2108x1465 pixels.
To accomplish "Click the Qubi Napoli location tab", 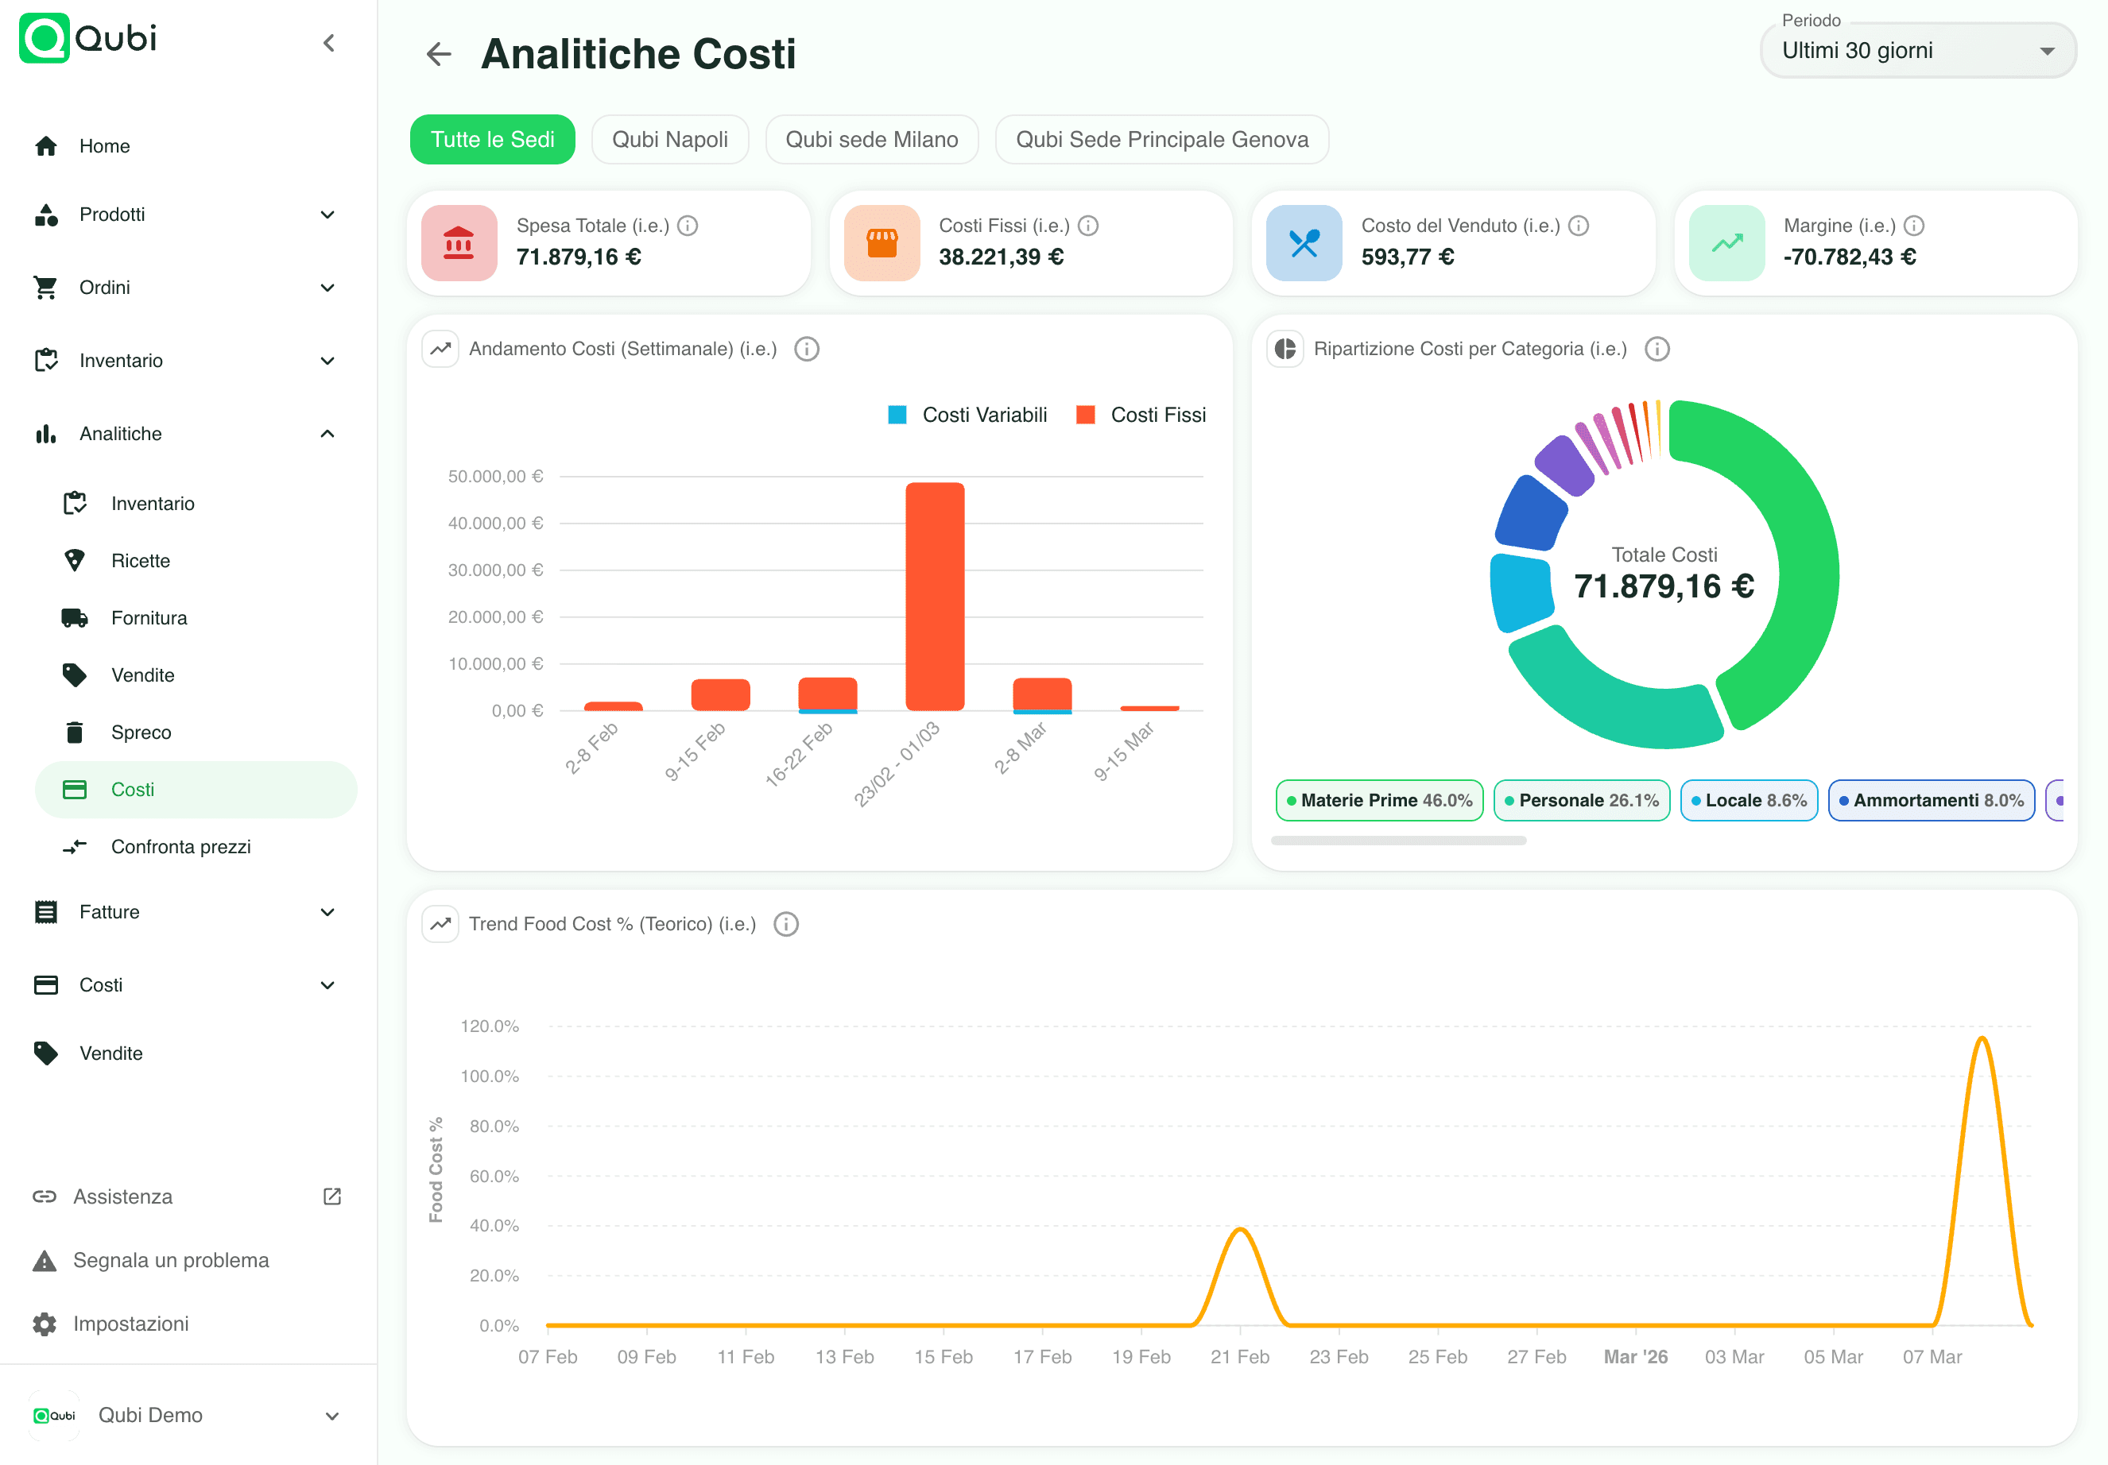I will click(x=669, y=140).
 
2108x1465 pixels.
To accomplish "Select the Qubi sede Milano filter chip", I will click(x=871, y=140).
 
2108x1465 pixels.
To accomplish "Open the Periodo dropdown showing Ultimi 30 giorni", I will click(x=1917, y=51).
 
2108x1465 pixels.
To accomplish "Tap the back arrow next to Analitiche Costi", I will click(x=439, y=54).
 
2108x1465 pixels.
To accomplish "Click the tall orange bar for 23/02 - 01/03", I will click(x=935, y=597).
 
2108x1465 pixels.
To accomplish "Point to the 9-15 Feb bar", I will click(x=720, y=695).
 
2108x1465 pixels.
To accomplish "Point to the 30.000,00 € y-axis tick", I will click(x=495, y=570).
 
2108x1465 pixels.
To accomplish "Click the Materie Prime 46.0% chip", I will click(x=1378, y=800).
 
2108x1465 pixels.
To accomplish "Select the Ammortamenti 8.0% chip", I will click(x=1931, y=800).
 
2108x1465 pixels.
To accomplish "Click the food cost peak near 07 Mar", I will click(x=1982, y=1040).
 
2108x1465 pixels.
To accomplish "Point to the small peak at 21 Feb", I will click(x=1239, y=1230).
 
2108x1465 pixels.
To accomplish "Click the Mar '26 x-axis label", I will click(x=1635, y=1357).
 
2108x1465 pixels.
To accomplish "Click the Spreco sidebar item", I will click(x=141, y=732).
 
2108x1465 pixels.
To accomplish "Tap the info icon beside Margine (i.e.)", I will click(x=1913, y=226).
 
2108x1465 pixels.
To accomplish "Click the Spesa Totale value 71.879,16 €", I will click(x=579, y=257).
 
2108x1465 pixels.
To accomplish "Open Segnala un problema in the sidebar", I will click(x=171, y=1260).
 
